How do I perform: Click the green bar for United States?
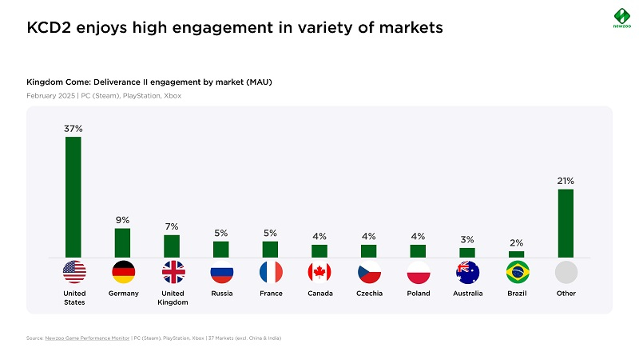[x=73, y=197]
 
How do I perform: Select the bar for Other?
[x=566, y=223]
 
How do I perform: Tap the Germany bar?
[x=122, y=242]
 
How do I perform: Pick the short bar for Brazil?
[x=517, y=254]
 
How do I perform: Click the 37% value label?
[x=73, y=128]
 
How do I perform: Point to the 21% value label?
[x=566, y=181]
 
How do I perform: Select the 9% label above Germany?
[x=122, y=220]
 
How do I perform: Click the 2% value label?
[x=517, y=242]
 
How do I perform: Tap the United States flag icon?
[x=73, y=272]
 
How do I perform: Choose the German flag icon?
[x=124, y=272]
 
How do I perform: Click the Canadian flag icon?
[x=319, y=272]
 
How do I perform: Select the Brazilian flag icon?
[x=517, y=272]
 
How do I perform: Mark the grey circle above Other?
[x=566, y=272]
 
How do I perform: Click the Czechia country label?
[x=369, y=294]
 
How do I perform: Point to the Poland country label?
[x=419, y=294]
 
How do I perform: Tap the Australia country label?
[x=467, y=294]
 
